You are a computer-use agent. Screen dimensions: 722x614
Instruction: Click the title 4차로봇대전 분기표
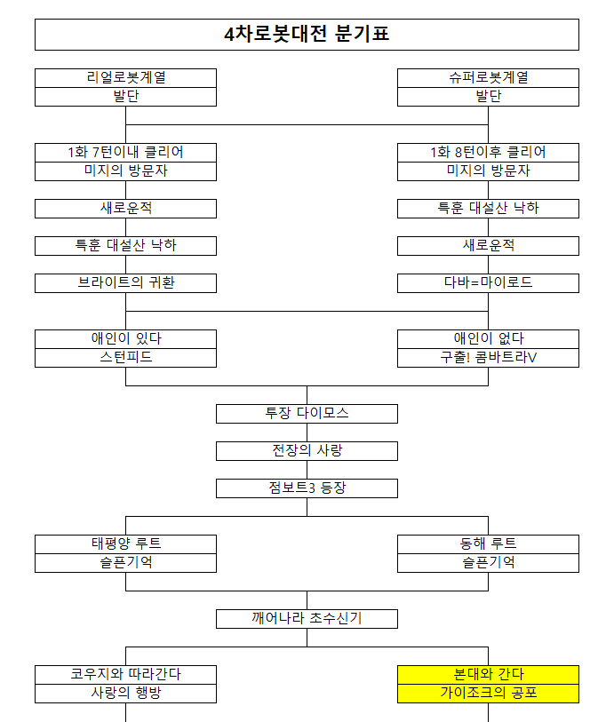tap(307, 35)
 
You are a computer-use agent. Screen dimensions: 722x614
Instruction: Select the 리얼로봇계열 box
tap(125, 77)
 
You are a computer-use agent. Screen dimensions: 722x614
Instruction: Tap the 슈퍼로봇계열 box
tap(488, 77)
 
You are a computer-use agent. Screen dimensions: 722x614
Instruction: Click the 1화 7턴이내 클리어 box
tap(125, 152)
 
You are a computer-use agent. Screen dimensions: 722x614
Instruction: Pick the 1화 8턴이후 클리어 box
tap(488, 152)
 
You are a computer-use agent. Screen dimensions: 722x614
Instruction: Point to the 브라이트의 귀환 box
tap(125, 282)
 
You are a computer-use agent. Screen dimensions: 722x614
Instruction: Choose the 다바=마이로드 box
tap(488, 282)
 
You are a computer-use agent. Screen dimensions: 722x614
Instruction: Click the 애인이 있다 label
tap(125, 338)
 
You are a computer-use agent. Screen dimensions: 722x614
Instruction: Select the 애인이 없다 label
tap(488, 338)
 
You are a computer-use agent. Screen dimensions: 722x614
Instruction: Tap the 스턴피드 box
tap(125, 357)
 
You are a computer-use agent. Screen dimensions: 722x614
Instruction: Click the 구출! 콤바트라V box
tap(488, 357)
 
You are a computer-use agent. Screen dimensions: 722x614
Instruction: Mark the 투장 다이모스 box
tap(307, 413)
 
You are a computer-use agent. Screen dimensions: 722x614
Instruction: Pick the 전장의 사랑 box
tap(307, 450)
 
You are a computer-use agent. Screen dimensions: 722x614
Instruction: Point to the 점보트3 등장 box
tap(307, 488)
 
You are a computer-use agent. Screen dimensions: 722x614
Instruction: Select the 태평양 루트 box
tap(125, 543)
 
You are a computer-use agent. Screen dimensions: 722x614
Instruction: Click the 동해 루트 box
tap(488, 543)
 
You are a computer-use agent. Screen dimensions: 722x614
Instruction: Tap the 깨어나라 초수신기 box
tap(307, 618)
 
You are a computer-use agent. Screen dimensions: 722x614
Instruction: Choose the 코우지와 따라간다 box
tap(125, 674)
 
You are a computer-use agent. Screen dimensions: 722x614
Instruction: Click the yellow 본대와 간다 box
tap(488, 674)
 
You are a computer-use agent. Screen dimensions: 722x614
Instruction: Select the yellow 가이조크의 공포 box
tap(488, 693)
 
